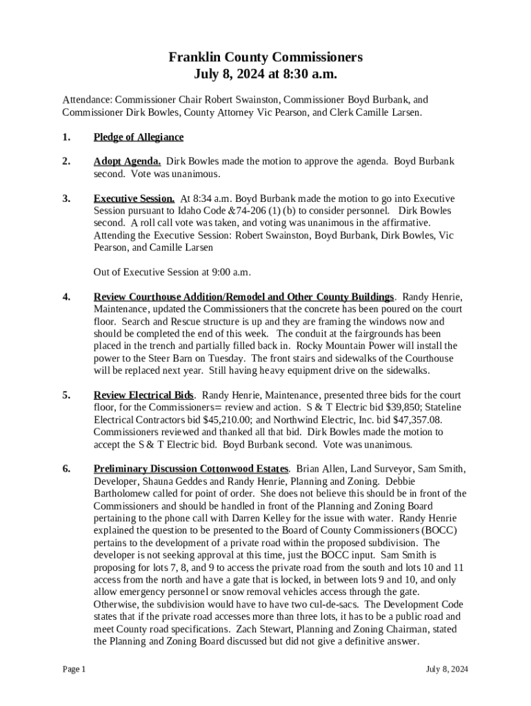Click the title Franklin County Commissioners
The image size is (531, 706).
(x=265, y=57)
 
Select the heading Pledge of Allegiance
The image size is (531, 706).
(x=139, y=137)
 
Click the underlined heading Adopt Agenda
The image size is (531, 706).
(x=128, y=161)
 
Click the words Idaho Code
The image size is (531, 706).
(x=199, y=211)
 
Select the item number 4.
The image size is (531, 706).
(x=66, y=297)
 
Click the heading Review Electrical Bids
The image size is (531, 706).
(x=144, y=396)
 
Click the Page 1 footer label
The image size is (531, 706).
(x=74, y=669)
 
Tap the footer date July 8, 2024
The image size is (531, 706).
(x=447, y=669)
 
